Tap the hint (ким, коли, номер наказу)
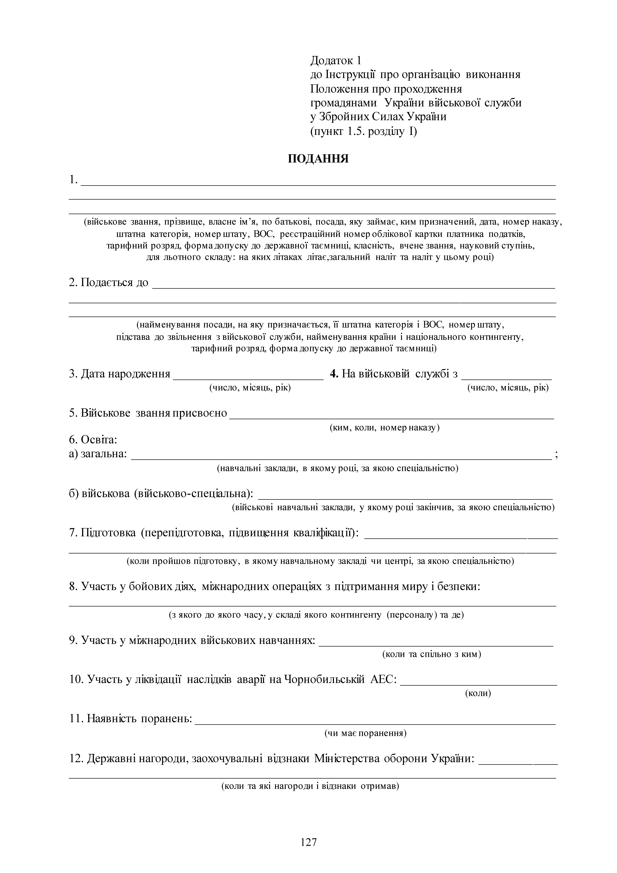pyautogui.click(x=384, y=427)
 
